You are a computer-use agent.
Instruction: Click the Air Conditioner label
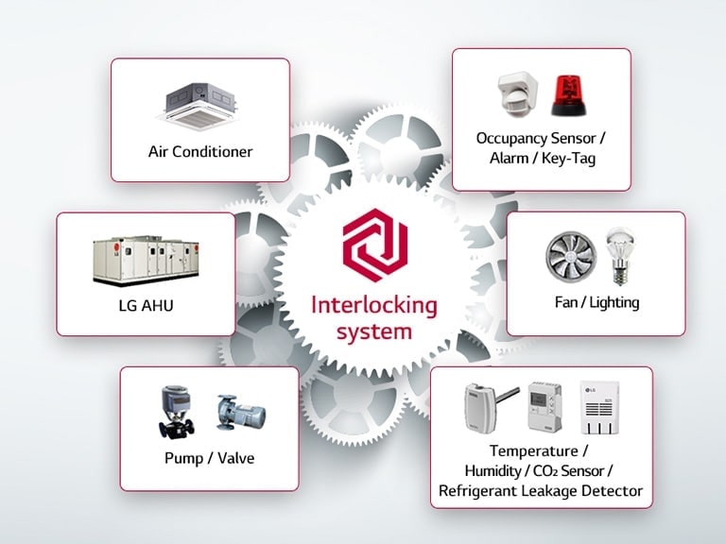(200, 151)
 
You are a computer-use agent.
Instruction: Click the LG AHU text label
(145, 307)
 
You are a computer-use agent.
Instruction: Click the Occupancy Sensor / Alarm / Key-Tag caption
(541, 148)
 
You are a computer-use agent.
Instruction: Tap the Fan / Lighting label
(596, 302)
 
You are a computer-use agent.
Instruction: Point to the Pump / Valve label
(209, 459)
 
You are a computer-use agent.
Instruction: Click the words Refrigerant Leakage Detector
(541, 490)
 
